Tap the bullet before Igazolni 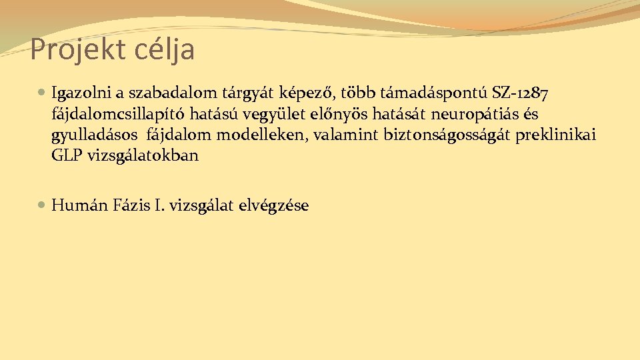click(43, 91)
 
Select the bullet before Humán click(43, 206)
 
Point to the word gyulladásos click(94, 135)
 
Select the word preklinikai click(557, 135)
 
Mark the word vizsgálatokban click(143, 157)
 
